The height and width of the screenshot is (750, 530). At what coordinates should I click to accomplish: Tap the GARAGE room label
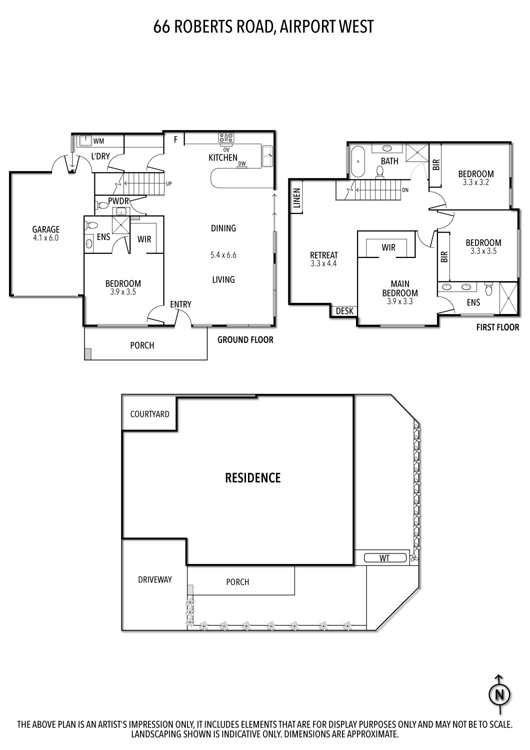[46, 230]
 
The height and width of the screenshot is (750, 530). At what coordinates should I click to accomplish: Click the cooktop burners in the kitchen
[226, 137]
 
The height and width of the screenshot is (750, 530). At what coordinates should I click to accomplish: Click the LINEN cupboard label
[296, 198]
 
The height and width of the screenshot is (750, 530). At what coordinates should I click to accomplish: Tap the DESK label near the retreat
[344, 311]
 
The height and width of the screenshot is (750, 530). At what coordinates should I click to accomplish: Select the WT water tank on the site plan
[384, 558]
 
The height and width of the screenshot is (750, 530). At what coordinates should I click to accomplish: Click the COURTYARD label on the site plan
[149, 414]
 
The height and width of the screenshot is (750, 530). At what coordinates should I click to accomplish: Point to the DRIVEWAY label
[155, 579]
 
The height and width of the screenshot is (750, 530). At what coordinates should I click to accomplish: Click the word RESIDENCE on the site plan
[253, 478]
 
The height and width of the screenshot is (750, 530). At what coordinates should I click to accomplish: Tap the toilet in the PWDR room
[102, 204]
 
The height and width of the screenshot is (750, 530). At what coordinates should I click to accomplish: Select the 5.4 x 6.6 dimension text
[223, 255]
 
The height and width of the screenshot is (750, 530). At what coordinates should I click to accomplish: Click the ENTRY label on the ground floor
[180, 304]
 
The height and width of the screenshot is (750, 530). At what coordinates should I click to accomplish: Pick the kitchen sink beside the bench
[267, 156]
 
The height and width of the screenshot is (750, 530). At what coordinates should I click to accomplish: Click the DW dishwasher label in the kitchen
[242, 163]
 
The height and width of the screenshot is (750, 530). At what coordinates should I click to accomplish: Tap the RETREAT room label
[324, 255]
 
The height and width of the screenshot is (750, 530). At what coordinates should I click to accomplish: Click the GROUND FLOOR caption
[245, 340]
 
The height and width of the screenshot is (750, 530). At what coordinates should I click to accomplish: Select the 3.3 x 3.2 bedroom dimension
[475, 182]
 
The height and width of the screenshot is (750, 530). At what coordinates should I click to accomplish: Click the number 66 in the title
[161, 26]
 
